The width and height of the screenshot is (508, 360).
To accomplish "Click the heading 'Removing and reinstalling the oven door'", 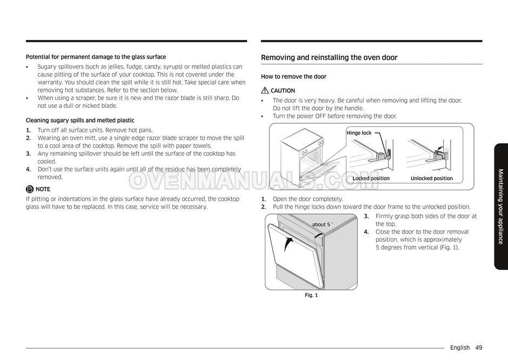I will pos(329,57).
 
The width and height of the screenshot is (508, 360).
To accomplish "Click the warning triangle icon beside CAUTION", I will pos(264,91).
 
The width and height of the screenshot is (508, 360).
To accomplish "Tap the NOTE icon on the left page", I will pos(30,189).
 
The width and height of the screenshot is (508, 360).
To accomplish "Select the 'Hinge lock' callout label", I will pos(359,133).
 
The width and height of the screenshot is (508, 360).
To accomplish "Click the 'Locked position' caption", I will pos(371,178).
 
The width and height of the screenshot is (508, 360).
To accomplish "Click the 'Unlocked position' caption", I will pos(431,178).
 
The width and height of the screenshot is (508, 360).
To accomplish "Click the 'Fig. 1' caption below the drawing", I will pos(311,295).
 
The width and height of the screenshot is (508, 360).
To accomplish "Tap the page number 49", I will pos(479,348).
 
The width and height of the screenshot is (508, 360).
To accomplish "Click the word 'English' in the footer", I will pos(459,348).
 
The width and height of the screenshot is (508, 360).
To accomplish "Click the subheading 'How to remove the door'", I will pos(293,77).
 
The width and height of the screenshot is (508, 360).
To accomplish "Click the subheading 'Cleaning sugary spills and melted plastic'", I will pos(80,121).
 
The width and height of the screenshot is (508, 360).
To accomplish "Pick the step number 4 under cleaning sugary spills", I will pos(28,169).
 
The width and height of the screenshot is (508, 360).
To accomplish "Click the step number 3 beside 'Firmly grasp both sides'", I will pos(366,216).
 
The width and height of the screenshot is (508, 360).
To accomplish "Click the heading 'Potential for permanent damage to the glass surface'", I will pos(96,57).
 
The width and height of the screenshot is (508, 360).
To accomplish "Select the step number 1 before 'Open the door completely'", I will pos(263,199).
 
